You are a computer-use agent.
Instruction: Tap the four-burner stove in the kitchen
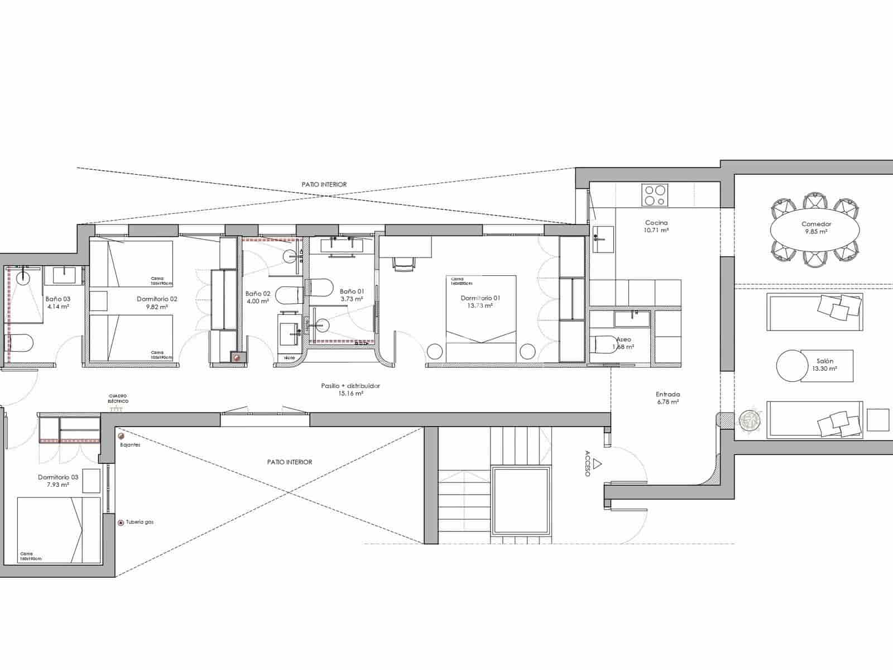[654, 195]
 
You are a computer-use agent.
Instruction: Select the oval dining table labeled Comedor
[816, 228]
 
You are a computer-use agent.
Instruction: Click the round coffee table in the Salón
[789, 366]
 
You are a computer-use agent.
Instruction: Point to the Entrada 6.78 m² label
[668, 398]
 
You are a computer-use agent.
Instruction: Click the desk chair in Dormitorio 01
[404, 264]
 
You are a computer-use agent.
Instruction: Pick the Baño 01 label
[352, 295]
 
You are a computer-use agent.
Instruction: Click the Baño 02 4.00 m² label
[257, 297]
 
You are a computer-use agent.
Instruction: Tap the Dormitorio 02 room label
[157, 303]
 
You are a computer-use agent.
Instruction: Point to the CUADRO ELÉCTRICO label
[118, 399]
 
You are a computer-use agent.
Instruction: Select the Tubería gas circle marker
[121, 523]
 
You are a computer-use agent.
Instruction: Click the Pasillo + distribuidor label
[351, 389]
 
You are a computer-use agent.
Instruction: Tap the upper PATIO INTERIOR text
[324, 184]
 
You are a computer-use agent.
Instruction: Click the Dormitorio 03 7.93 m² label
[58, 481]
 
